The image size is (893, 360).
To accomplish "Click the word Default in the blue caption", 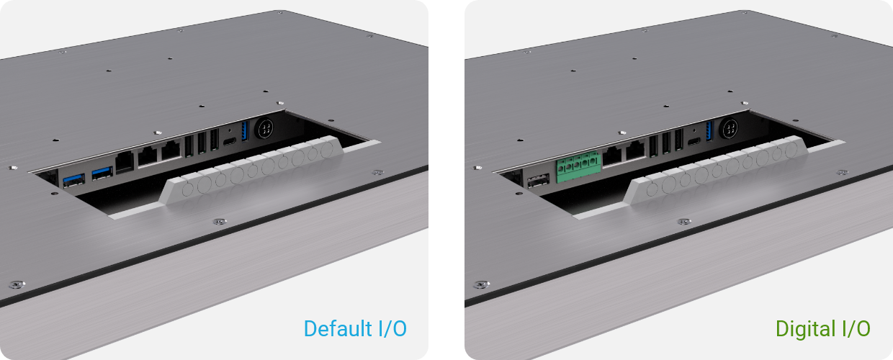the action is (338, 328).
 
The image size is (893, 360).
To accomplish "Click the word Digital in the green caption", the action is (805, 329).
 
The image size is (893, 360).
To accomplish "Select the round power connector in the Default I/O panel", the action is (265, 128).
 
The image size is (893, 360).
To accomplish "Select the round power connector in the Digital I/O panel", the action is (730, 128).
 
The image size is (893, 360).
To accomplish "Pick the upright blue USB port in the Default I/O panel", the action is (245, 131).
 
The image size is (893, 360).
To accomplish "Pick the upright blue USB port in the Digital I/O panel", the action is (709, 131).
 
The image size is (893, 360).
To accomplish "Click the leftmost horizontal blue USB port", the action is (73, 180).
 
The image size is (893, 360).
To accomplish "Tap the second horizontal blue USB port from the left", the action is (102, 174).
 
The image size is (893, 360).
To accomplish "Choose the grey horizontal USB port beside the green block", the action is (538, 181).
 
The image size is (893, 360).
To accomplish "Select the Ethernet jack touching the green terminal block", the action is (613, 156).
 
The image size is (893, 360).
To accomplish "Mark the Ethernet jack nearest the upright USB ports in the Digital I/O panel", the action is (636, 150).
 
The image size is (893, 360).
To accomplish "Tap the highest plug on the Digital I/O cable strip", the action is (791, 150).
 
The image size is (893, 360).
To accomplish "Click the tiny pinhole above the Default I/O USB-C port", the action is (230, 130).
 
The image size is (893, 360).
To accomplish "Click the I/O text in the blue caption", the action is (392, 328).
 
